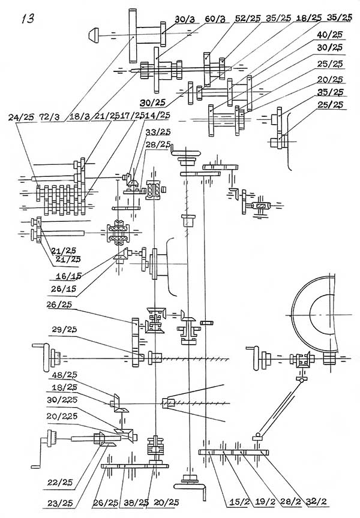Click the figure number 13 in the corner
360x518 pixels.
click(27, 17)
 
